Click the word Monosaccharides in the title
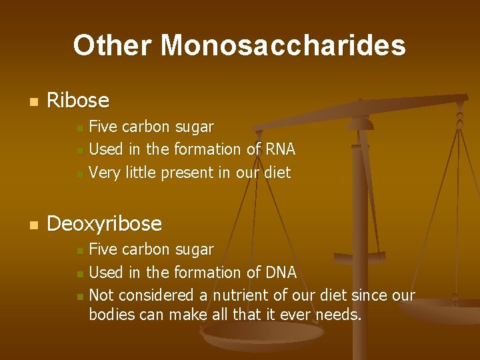coord(283,45)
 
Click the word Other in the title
coord(113,45)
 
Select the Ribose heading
coord(78,101)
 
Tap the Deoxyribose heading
coord(104,223)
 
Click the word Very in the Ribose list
coord(103,173)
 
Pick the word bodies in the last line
coord(110,314)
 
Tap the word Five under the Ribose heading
coord(102,127)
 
